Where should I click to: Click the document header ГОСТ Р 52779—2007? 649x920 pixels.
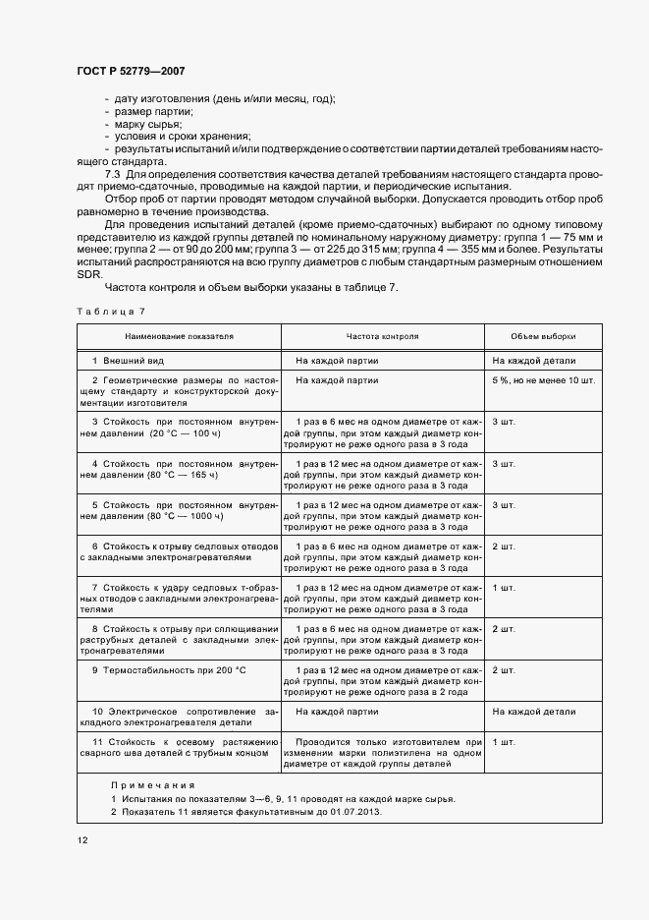coord(130,72)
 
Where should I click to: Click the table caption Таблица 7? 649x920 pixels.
coord(110,311)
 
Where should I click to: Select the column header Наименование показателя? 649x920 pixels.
coord(179,336)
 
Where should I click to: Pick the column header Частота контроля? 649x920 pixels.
coord(382,336)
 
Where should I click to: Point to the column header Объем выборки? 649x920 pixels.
coord(543,336)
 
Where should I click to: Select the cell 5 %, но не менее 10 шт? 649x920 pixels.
coord(543,379)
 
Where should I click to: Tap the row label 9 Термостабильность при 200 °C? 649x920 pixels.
coord(168,669)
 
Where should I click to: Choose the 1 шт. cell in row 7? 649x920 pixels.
coord(504,587)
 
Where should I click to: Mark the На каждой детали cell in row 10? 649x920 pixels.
coord(534,712)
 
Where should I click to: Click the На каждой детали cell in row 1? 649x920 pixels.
coord(534,362)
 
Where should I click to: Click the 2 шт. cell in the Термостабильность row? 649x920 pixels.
coord(504,669)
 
